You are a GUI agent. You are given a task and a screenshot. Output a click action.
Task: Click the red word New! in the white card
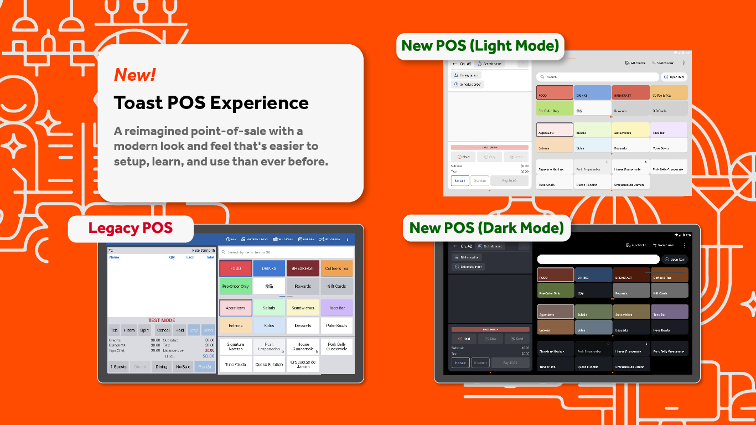tap(135, 75)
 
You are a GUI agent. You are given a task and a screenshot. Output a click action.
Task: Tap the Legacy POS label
tap(131, 228)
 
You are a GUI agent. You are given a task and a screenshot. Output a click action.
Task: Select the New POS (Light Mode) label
tap(480, 45)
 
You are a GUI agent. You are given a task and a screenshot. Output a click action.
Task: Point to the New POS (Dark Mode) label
tap(486, 227)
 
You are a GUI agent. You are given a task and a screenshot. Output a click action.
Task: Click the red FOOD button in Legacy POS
tap(236, 268)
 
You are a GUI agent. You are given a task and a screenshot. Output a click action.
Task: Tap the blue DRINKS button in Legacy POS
tap(269, 268)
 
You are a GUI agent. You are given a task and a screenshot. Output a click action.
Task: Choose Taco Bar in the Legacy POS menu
tap(336, 308)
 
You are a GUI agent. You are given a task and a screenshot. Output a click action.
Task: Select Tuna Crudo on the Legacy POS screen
tap(236, 364)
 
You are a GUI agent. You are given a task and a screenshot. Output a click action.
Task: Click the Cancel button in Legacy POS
tap(163, 330)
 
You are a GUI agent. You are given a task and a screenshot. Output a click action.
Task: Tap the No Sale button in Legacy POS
tap(183, 367)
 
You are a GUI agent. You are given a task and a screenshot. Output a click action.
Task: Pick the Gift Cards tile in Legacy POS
tap(336, 286)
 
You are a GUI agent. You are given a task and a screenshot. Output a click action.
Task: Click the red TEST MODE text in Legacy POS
tap(162, 320)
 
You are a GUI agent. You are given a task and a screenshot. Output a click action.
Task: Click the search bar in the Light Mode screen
tap(598, 77)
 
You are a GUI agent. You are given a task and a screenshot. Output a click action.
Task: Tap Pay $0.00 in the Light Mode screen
tap(509, 181)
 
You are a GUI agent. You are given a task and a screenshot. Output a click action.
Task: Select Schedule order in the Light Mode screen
tap(468, 85)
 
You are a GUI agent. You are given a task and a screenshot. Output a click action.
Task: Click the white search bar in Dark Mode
tap(598, 259)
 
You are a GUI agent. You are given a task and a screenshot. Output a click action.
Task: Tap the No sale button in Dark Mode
tap(460, 363)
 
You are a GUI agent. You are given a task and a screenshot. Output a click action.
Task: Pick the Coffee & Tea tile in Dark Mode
tap(670, 274)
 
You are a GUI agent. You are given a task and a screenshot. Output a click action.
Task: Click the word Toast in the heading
tap(138, 103)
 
